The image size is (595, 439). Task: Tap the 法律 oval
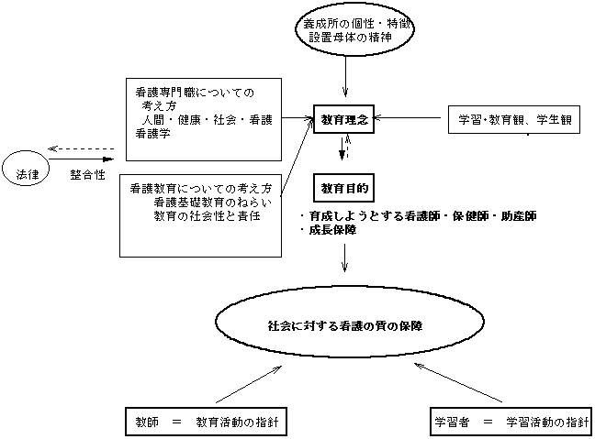point(25,170)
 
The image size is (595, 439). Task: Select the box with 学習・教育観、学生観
point(514,119)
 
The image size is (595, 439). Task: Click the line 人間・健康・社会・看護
point(205,119)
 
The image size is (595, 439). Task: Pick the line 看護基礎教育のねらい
point(208,202)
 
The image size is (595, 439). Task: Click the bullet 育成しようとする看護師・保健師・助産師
point(418,216)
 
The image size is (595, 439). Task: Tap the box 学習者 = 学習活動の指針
point(510,423)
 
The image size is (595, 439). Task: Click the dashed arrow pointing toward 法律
point(83,149)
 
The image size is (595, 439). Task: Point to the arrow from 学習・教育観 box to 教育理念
point(410,118)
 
